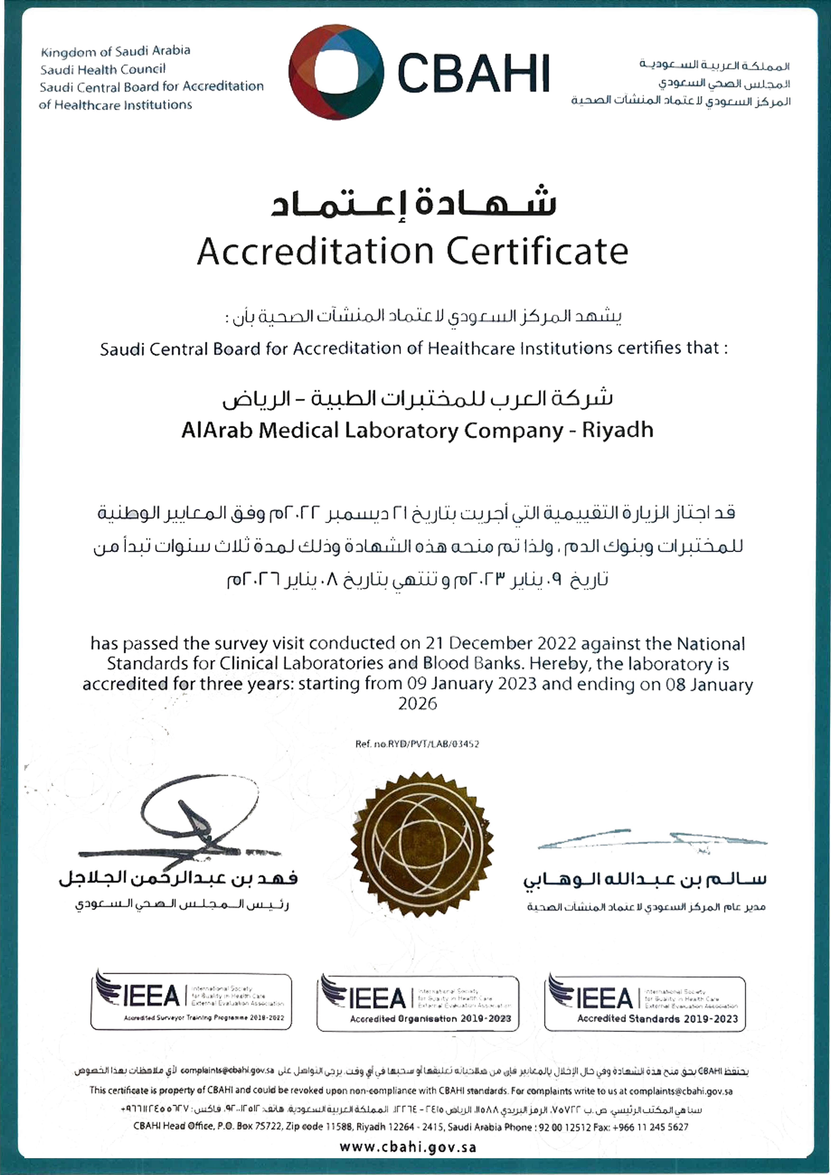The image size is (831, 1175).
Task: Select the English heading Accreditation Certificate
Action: pyautogui.click(x=413, y=251)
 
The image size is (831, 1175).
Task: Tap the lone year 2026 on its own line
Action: pyautogui.click(x=417, y=704)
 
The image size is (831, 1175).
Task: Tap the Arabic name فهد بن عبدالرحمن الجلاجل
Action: pyautogui.click(x=178, y=878)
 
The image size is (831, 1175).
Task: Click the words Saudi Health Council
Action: pyautogui.click(x=103, y=69)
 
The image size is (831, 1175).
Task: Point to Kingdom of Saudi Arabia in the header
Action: pyautogui.click(x=116, y=51)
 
